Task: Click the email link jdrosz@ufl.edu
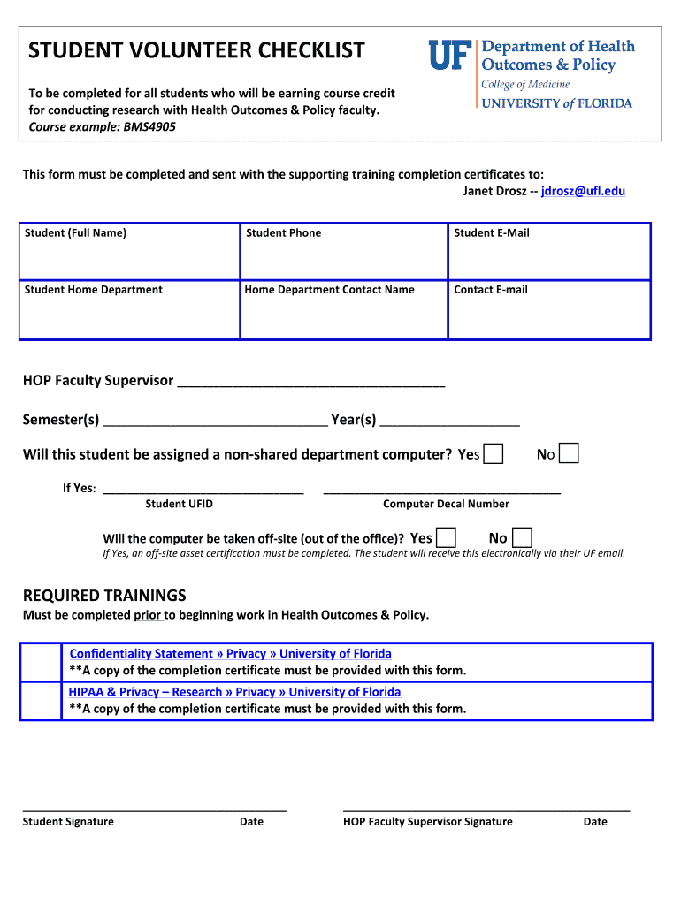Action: pyautogui.click(x=583, y=191)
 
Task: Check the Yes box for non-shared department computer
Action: pyautogui.click(x=494, y=454)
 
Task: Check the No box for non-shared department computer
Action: pyautogui.click(x=570, y=454)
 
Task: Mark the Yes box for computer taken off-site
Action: pyautogui.click(x=447, y=537)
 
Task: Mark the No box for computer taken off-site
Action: pyautogui.click(x=522, y=537)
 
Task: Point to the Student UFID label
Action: pyautogui.click(x=179, y=504)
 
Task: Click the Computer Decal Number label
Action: pyautogui.click(x=446, y=504)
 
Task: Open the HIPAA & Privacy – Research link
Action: pyautogui.click(x=234, y=692)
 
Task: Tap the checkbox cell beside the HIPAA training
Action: pyautogui.click(x=41, y=701)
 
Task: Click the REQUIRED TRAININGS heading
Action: pyautogui.click(x=104, y=595)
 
